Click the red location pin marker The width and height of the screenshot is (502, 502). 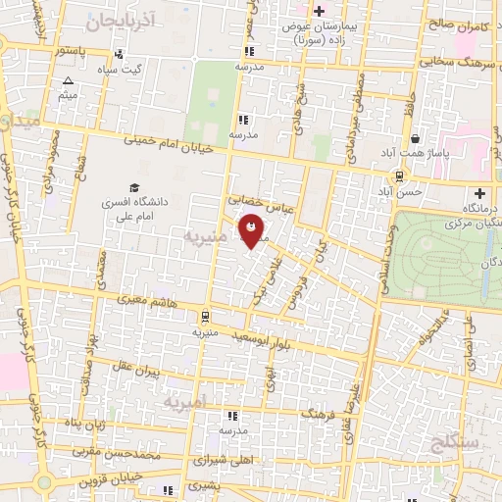[257, 233]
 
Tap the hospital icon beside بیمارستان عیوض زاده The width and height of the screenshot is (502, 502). [320, 11]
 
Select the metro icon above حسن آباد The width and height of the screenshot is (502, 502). [399, 176]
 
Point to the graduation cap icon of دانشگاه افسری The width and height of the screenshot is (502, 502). [133, 187]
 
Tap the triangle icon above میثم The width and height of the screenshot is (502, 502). [68, 81]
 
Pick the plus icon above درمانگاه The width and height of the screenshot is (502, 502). [479, 192]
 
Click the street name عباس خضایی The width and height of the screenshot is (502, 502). [262, 199]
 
